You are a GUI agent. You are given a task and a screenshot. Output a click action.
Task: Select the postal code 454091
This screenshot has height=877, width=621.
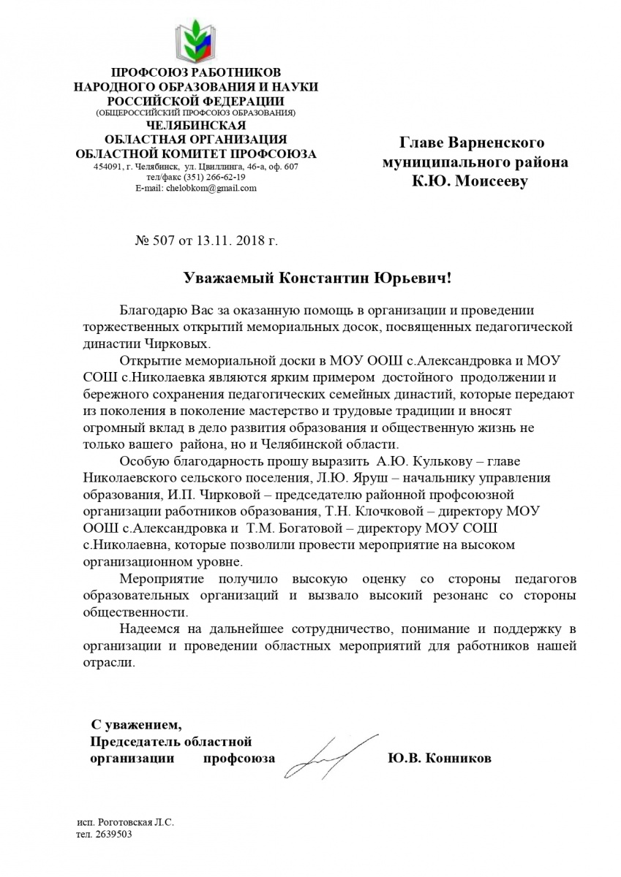point(108,167)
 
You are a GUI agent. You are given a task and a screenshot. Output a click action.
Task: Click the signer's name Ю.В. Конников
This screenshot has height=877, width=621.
point(440,758)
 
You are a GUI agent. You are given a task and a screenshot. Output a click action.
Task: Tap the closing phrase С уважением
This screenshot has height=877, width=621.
point(134,725)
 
